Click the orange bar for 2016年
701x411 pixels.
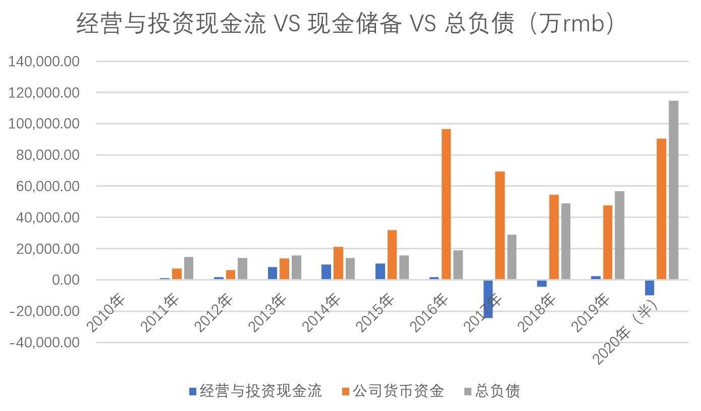(x=446, y=204)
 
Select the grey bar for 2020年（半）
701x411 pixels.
(x=673, y=190)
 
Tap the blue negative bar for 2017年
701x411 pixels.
(x=488, y=299)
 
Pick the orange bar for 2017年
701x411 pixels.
(x=500, y=225)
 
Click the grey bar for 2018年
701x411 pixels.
(x=566, y=241)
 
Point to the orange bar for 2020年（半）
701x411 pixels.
(x=661, y=209)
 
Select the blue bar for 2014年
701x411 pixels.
(x=326, y=272)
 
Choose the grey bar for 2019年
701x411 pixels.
(x=620, y=235)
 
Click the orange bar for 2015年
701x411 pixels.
(x=392, y=255)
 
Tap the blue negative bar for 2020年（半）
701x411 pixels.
(x=650, y=288)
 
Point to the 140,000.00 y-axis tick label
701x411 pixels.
(x=45, y=62)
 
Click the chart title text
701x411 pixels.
(x=345, y=24)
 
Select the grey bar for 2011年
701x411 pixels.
(x=189, y=268)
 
